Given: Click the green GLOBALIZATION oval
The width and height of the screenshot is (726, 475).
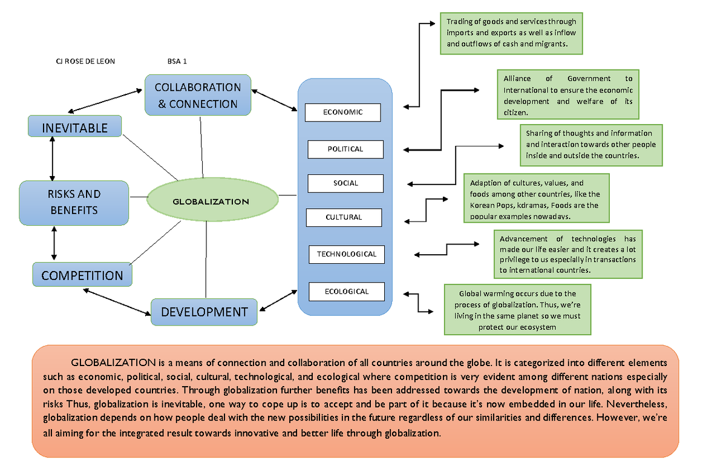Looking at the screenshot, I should pos(211,201).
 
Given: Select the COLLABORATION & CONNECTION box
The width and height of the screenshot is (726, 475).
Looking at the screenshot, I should pos(198,95).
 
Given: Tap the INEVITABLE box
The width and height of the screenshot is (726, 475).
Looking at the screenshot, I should pos(75,128).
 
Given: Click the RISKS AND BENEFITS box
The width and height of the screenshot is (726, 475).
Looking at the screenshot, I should pos(74,202).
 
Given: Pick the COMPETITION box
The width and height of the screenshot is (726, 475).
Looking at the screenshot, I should pos(82,275).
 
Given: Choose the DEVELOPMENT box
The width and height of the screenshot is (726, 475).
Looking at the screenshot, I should pos(204,312).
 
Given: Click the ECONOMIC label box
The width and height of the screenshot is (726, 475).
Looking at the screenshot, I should pos(342,112).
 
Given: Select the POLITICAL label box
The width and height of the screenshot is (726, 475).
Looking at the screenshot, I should pos(345,149).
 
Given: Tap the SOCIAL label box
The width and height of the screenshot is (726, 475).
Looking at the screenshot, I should pos(345,183).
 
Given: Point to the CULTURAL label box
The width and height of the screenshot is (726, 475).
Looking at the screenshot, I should pos(344,217).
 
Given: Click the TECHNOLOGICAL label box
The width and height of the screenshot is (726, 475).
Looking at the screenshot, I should pos(347,254).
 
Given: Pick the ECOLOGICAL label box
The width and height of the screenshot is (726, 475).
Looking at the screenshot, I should pos(347,291).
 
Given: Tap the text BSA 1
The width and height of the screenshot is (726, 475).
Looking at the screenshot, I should pos(177,61).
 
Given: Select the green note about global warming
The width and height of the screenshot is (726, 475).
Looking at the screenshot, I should pos(517,310).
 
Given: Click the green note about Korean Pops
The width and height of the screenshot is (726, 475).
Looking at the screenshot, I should pos(535,199).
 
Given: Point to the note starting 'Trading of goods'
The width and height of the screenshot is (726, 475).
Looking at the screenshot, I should pos(511,33).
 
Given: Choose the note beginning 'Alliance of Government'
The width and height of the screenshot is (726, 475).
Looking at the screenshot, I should pos(568,96).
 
